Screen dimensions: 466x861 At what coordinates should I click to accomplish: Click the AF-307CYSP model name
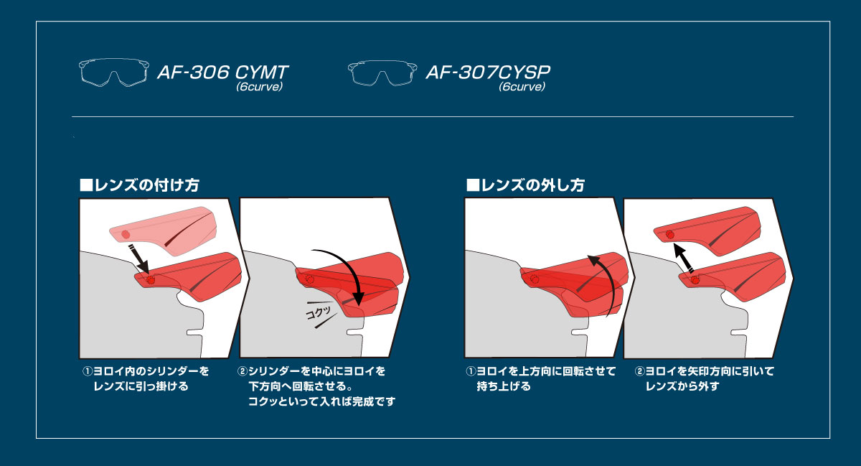492,73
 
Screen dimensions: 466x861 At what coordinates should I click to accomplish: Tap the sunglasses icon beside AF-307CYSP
383,73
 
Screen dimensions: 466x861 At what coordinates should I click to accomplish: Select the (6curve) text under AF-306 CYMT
260,88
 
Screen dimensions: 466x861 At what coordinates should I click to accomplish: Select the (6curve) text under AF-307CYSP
522,88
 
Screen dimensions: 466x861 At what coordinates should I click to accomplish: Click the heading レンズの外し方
525,185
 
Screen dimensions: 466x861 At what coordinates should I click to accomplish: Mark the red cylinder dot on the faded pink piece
126,234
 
